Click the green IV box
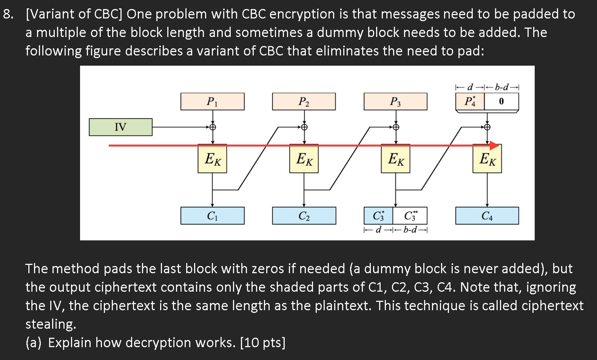pyautogui.click(x=120, y=127)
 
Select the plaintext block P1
pyautogui.click(x=212, y=102)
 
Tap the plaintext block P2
pyautogui.click(x=304, y=102)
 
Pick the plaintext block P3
pyautogui.click(x=395, y=102)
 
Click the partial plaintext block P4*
pyautogui.click(x=470, y=102)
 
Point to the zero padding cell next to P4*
pyautogui.click(x=501, y=102)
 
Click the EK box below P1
pyautogui.click(x=212, y=159)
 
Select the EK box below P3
pyautogui.click(x=395, y=159)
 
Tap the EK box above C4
pyautogui.click(x=487, y=159)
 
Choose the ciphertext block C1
pyautogui.click(x=212, y=216)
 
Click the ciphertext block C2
pyautogui.click(x=304, y=216)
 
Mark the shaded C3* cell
pyautogui.click(x=378, y=216)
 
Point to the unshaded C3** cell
pyautogui.click(x=410, y=216)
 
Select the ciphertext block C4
pyautogui.click(x=487, y=216)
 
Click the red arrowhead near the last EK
pyautogui.click(x=495, y=145)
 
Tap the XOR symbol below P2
pyautogui.click(x=304, y=127)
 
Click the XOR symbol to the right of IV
pyautogui.click(x=213, y=127)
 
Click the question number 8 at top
pyautogui.click(x=8, y=14)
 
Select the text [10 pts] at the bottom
pyautogui.click(x=263, y=343)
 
